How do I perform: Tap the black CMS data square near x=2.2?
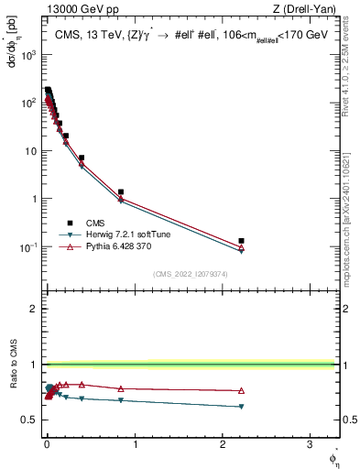(x=241, y=241)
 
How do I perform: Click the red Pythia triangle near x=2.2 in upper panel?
(x=241, y=246)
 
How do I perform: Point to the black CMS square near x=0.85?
(x=121, y=192)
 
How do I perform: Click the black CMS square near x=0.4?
(x=82, y=158)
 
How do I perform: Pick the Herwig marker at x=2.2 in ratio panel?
(x=241, y=407)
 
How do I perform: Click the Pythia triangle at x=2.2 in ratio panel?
(x=241, y=391)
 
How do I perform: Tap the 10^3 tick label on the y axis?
(x=27, y=55)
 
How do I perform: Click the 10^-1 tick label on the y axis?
(x=27, y=247)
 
